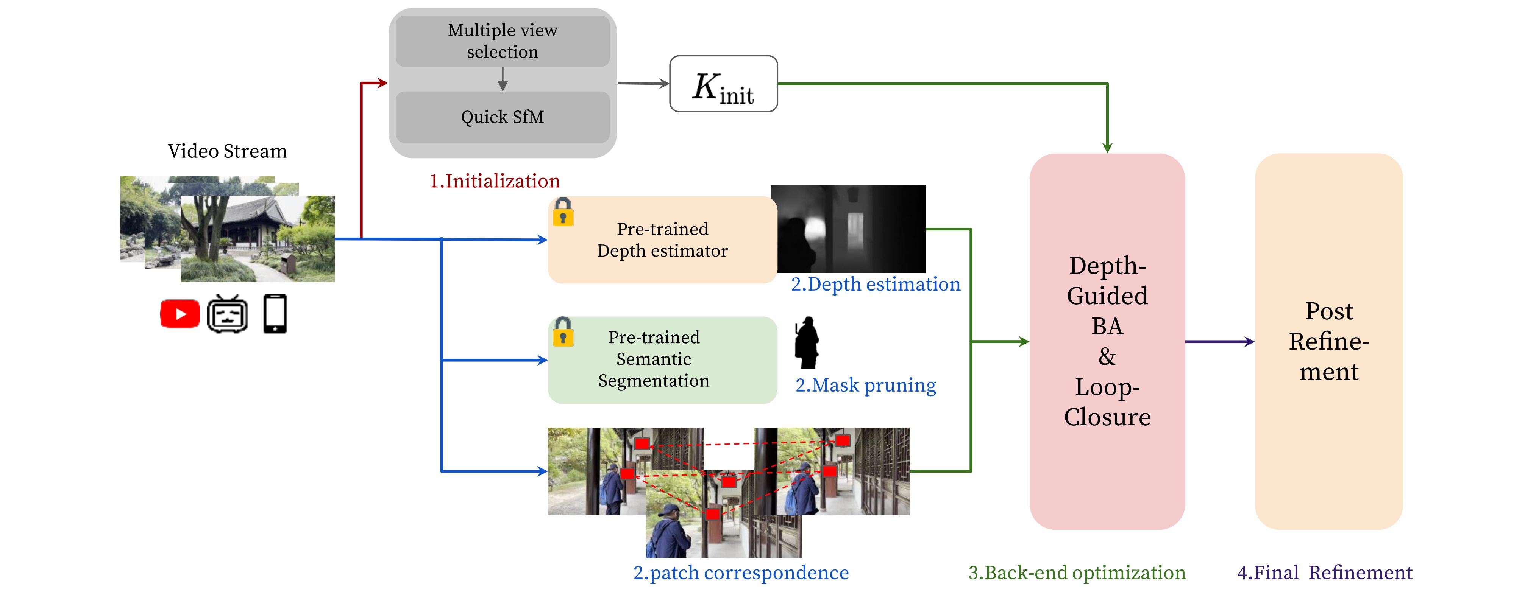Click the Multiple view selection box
[x=503, y=40]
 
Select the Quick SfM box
[x=503, y=117]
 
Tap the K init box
[x=724, y=84]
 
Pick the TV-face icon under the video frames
[x=228, y=314]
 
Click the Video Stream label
[x=227, y=151]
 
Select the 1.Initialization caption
[x=495, y=181]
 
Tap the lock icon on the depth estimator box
[x=563, y=213]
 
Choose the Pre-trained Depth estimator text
[x=663, y=240]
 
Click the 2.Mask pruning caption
[x=866, y=385]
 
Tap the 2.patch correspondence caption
[x=741, y=572]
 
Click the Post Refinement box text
[x=1329, y=341]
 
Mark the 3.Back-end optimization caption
[x=1077, y=572]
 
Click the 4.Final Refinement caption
[x=1325, y=572]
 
